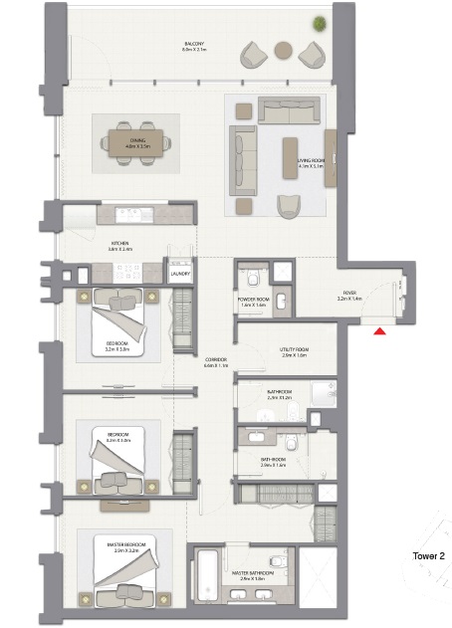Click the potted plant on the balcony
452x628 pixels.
click(320, 23)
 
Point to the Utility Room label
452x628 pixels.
click(295, 352)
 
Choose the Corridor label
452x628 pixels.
click(217, 362)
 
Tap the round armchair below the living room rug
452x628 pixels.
click(289, 205)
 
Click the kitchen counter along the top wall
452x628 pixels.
click(129, 214)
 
